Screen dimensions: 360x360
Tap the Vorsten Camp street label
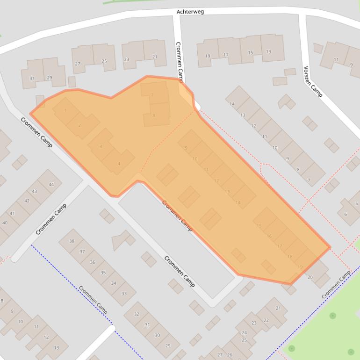312,81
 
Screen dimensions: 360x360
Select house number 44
51,185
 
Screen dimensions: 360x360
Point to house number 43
35,192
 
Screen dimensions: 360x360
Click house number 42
27,201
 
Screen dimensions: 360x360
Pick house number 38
72,241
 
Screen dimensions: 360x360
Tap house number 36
93,262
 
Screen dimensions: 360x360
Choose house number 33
124,294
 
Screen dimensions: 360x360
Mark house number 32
137,314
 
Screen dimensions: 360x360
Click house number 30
157,335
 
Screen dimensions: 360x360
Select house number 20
310,277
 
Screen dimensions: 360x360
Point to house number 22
266,320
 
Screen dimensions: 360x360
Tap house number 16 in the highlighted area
269,236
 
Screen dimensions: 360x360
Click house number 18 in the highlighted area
290,257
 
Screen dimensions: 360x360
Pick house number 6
346,215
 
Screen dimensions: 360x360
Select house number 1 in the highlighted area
65,110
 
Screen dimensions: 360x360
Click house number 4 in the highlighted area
119,164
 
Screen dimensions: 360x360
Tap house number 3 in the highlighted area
101,147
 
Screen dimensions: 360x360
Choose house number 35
103,273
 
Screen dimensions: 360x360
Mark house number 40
5,223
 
